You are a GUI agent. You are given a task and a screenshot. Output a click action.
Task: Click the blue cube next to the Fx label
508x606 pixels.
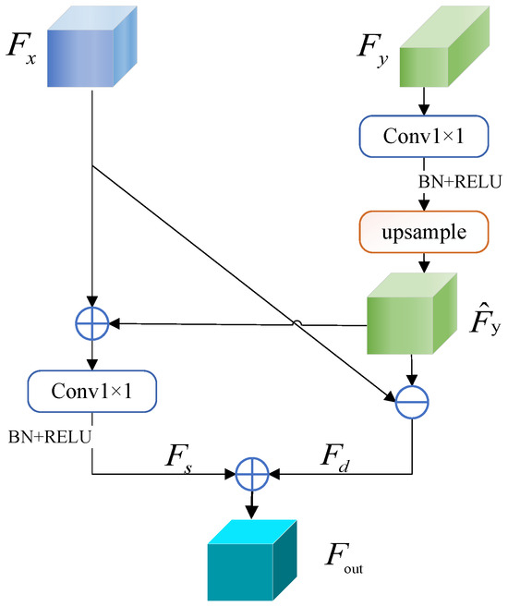(94, 48)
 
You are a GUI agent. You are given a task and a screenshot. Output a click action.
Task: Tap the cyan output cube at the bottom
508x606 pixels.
(250, 553)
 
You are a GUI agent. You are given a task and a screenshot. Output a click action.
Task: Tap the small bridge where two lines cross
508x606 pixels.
(294, 323)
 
